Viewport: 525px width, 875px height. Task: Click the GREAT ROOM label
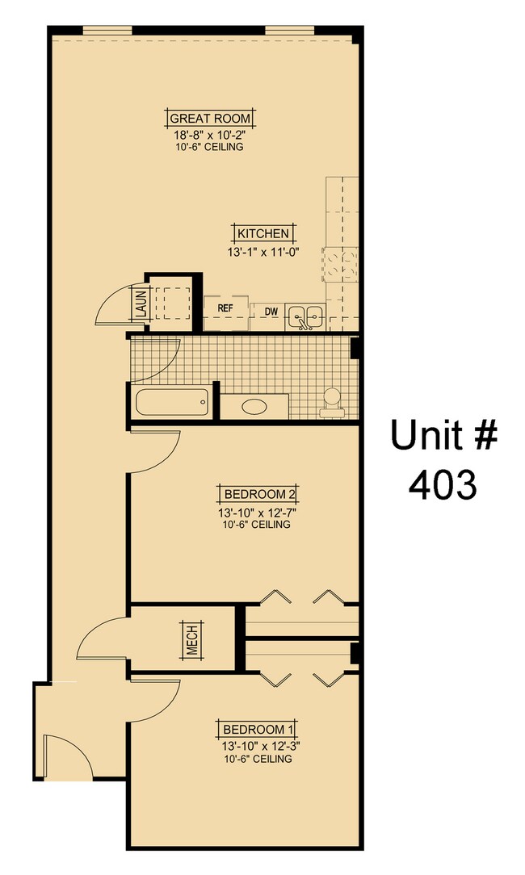[x=210, y=118]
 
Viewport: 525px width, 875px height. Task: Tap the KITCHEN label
[x=262, y=233]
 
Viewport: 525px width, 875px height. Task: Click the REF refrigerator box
[x=225, y=308]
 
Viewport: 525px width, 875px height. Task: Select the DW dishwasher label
[x=271, y=312]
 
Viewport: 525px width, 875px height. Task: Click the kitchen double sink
[x=305, y=316]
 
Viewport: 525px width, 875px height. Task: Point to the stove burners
[x=339, y=263]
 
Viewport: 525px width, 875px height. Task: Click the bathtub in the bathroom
[x=172, y=402]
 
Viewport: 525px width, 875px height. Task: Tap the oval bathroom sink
[x=254, y=406]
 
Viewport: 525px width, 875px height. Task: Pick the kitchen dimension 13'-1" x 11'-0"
[x=262, y=252]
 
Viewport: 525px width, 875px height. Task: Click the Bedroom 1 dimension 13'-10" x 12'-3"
[x=255, y=746]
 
